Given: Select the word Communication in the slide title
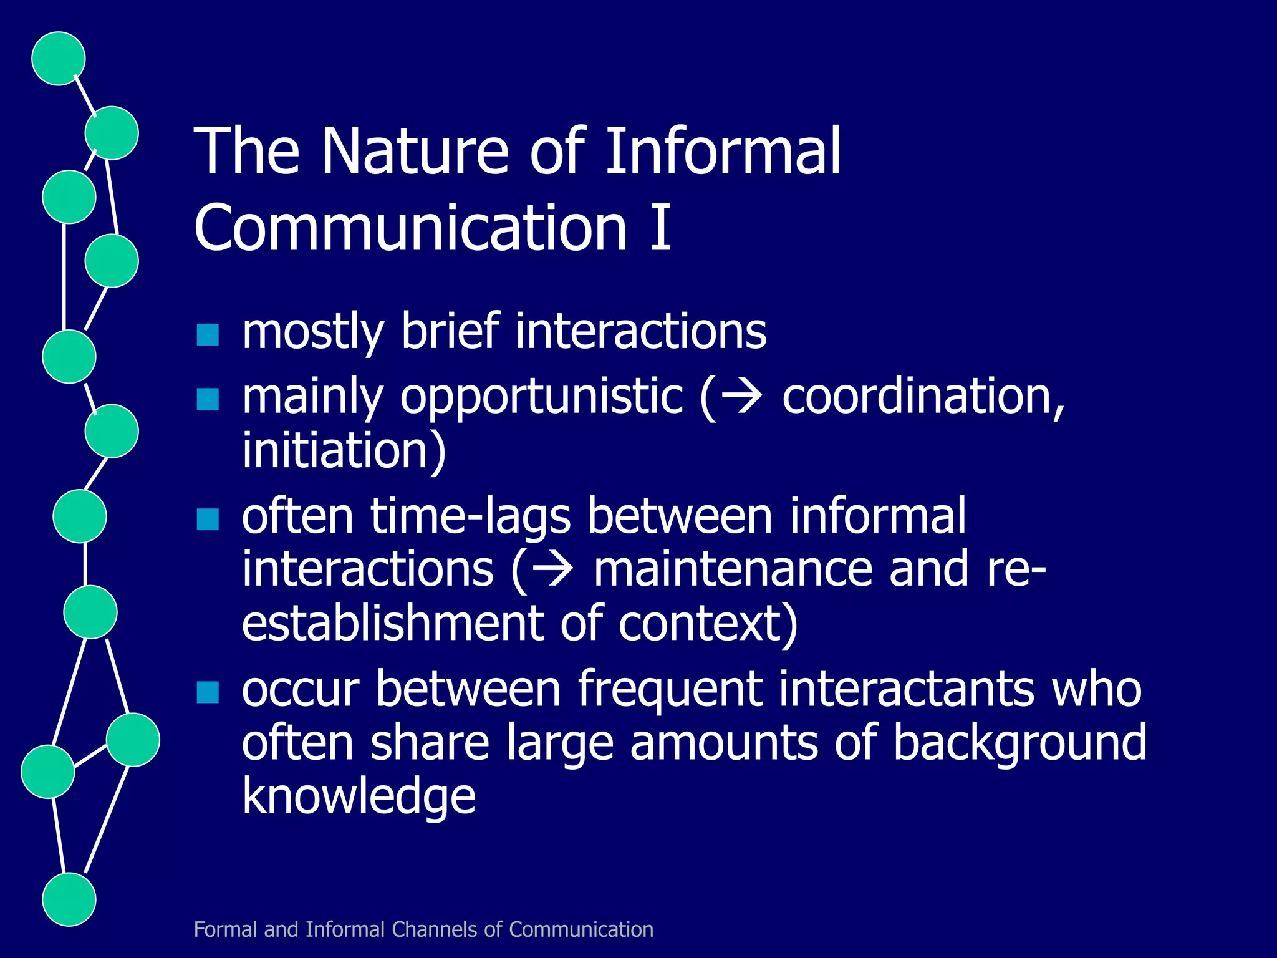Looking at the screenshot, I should (410, 227).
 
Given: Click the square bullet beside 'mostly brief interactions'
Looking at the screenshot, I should (208, 335).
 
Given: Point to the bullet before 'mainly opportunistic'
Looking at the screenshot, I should (208, 399).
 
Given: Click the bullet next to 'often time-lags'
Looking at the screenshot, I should (208, 519).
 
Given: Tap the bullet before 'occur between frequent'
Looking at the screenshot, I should (208, 692).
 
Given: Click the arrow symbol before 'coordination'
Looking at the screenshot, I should (740, 397).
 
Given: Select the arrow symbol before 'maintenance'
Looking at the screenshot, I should (552, 570).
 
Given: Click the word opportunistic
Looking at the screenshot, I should (541, 397).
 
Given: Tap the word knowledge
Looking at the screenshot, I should (359, 796).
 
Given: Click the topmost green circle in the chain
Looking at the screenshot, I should (58, 58).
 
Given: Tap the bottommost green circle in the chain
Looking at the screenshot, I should (69, 899).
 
